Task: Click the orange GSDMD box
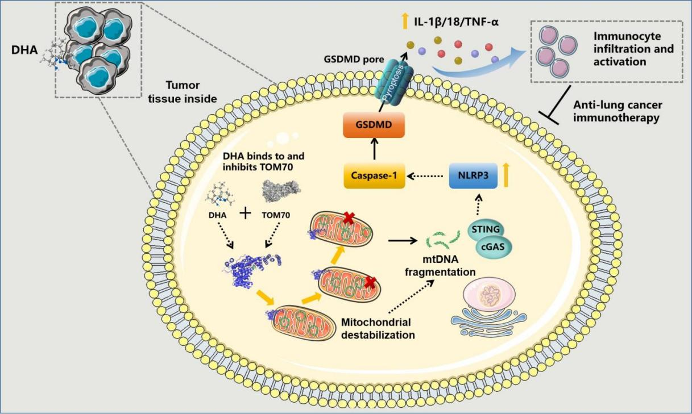pyautogui.click(x=374, y=124)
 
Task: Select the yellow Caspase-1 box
pyautogui.click(x=374, y=177)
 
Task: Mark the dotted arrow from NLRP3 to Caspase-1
pyautogui.click(x=426, y=177)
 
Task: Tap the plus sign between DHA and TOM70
pyautogui.click(x=246, y=214)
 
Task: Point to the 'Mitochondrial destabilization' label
pyautogui.click(x=378, y=328)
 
